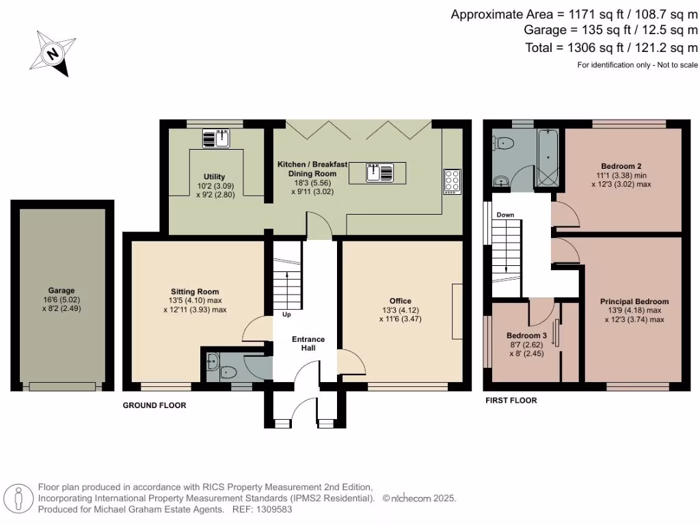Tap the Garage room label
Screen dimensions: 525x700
(x=62, y=290)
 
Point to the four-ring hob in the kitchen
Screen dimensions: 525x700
(x=452, y=180)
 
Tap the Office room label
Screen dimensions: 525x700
(x=400, y=301)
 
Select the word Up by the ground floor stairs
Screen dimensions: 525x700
(x=286, y=314)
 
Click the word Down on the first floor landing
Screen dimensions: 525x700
(x=505, y=215)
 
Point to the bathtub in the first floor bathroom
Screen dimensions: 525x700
(x=548, y=158)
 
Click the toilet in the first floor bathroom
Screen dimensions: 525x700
(x=504, y=143)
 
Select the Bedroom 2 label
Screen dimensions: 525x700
(x=621, y=166)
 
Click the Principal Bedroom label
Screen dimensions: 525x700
(x=634, y=301)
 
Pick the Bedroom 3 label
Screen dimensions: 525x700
(x=526, y=336)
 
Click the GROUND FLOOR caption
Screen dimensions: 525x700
(x=154, y=405)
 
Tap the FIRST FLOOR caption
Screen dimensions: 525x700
(x=511, y=401)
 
